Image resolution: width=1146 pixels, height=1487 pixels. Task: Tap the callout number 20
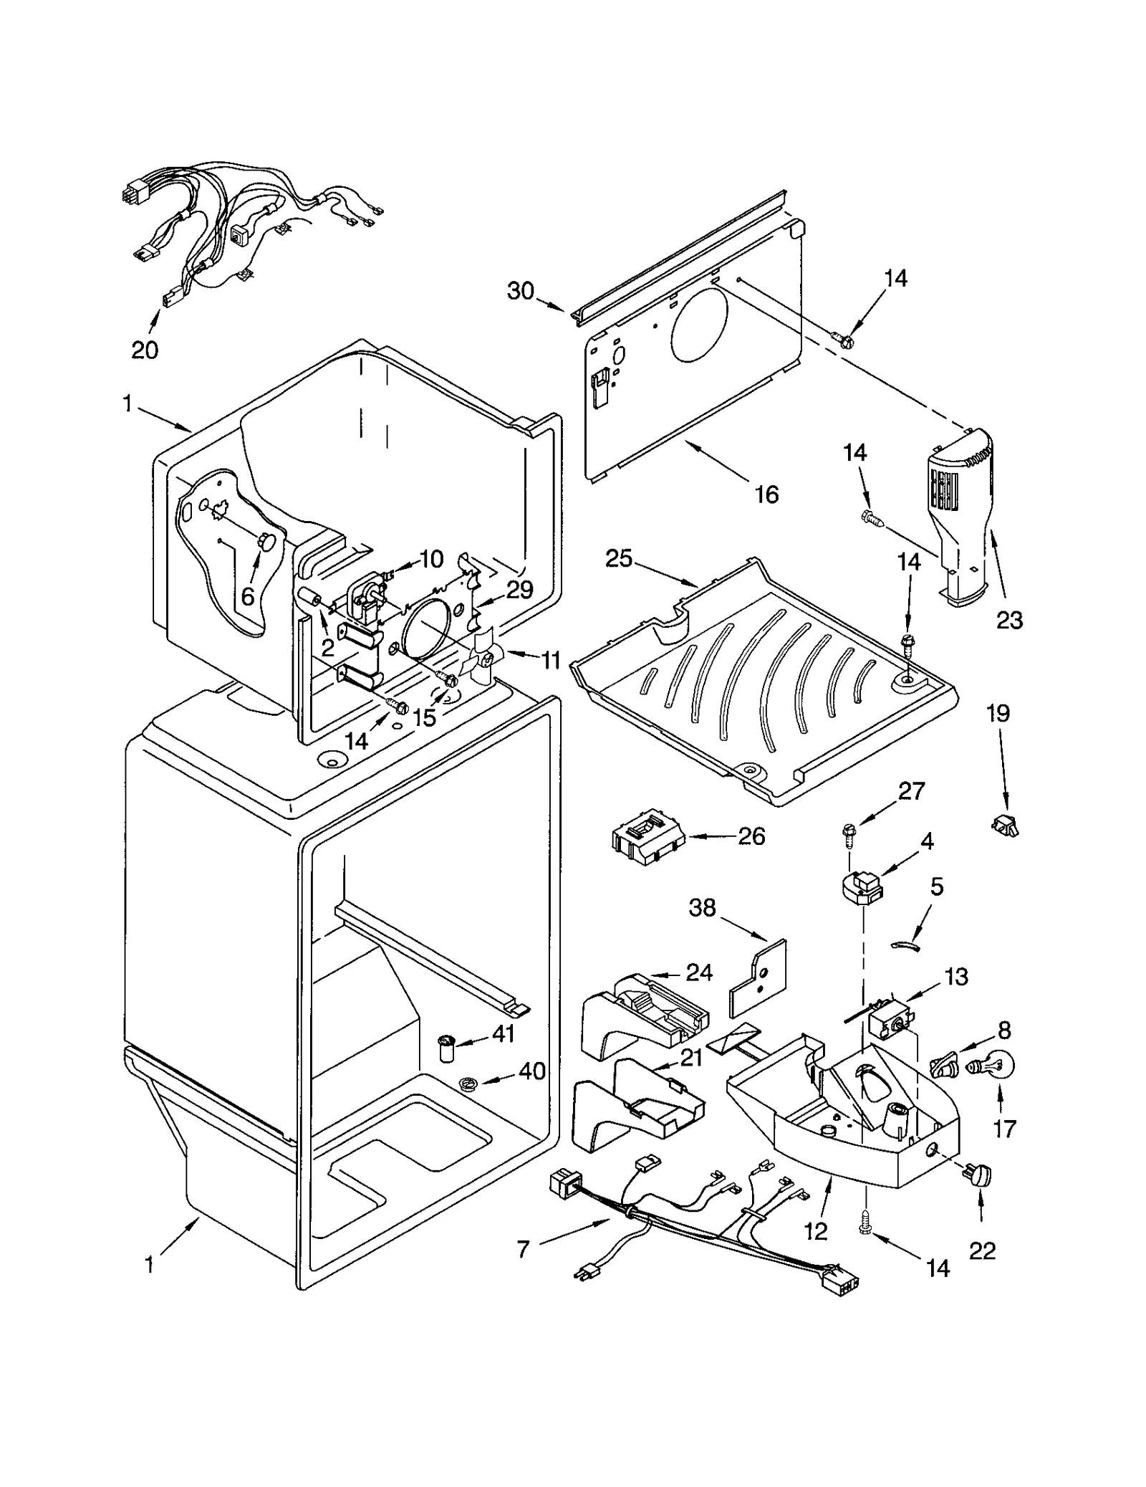click(x=145, y=350)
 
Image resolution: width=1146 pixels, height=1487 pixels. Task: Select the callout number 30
click(x=521, y=291)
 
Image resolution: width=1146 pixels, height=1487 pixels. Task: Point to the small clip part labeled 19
click(x=1005, y=825)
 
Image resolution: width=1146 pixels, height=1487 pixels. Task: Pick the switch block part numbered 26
click(x=647, y=838)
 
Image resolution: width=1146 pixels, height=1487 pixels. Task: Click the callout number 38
click(x=702, y=907)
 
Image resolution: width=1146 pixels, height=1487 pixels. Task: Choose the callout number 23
click(x=1010, y=619)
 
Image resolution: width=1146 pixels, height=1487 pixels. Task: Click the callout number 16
click(x=766, y=494)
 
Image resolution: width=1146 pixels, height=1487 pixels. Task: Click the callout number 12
click(x=816, y=1230)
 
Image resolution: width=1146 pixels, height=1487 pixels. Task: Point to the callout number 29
click(x=519, y=589)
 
